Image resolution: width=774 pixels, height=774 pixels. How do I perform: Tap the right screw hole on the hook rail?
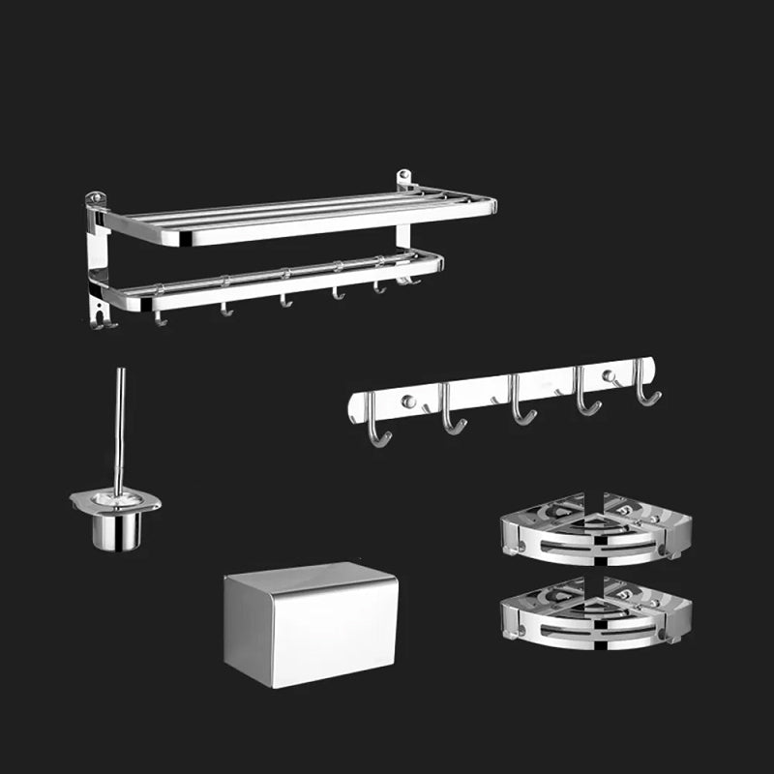607,375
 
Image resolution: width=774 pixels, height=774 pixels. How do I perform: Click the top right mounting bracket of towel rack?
404,180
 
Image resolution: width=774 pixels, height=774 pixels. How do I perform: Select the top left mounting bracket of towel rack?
95,201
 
